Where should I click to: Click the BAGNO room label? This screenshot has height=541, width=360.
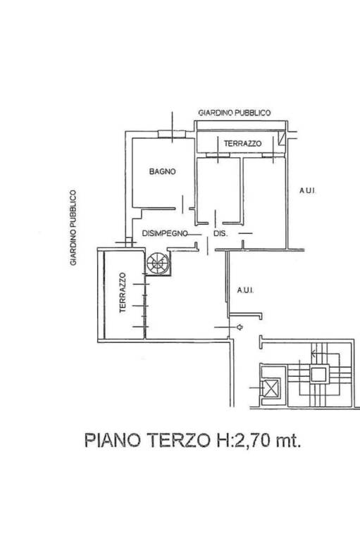click(x=162, y=171)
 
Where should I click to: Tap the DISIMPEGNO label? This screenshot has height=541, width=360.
click(x=165, y=234)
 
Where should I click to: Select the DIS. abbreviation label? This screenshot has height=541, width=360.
click(x=221, y=234)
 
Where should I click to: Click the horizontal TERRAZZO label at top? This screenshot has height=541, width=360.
click(x=242, y=144)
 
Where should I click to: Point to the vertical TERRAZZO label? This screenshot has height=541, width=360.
click(x=123, y=293)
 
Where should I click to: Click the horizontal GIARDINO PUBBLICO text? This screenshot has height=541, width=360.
click(x=235, y=113)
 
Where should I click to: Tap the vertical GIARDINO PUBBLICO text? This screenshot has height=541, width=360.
click(x=73, y=228)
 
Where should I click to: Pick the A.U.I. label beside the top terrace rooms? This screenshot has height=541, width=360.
click(x=307, y=190)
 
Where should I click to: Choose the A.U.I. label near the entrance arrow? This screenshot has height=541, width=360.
click(x=245, y=290)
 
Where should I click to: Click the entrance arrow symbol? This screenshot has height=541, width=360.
click(x=240, y=327)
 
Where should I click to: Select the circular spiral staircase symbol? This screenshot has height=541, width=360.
click(x=157, y=263)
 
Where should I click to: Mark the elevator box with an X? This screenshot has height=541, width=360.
click(x=271, y=389)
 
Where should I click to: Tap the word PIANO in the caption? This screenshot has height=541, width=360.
click(x=113, y=440)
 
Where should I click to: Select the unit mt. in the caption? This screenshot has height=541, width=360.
click(x=288, y=441)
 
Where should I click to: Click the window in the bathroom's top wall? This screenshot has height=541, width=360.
click(x=172, y=135)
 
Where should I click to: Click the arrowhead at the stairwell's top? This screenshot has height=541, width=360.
click(x=314, y=353)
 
